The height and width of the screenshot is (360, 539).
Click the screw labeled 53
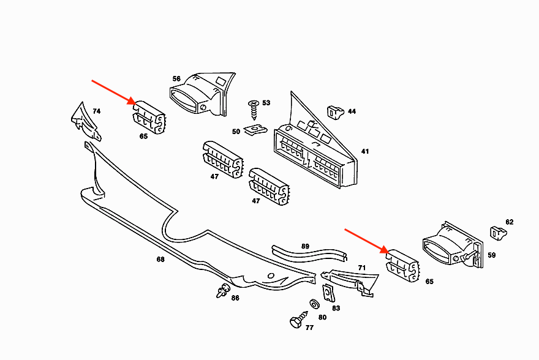pos(252,110)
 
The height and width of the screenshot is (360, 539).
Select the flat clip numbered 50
pos(254,130)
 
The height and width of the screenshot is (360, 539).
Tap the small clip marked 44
pos(334,111)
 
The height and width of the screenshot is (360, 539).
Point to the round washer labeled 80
pos(314,304)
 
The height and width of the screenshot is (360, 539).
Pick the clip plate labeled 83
pos(329,294)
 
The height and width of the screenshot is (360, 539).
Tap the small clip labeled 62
pos(498,233)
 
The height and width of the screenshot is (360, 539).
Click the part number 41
pos(365,151)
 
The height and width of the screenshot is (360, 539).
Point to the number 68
pos(160,260)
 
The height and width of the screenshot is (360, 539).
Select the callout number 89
pos(305,246)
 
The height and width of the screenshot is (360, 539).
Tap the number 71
pos(361,268)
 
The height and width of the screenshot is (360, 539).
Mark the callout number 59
pos(491,255)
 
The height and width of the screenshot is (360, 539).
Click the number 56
pos(176,79)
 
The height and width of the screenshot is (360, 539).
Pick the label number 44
pos(352,111)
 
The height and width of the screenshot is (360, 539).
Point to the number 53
pos(266,103)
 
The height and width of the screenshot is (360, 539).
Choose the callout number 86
pos(235,298)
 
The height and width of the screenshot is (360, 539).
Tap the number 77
pos(309,328)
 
